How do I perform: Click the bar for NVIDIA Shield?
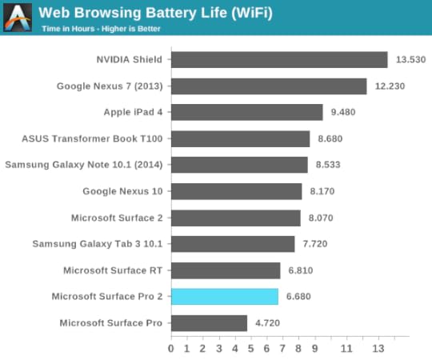point(279,60)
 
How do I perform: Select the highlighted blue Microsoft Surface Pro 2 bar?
point(225,297)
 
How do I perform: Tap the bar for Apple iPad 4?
point(246,112)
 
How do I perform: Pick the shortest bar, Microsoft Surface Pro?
point(209,323)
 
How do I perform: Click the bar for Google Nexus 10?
point(236,191)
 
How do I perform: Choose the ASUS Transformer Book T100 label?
point(92,138)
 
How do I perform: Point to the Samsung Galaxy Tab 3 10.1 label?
point(98,244)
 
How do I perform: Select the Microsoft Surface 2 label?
point(117,218)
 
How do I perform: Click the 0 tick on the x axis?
point(171,349)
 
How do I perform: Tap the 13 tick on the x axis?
point(378,349)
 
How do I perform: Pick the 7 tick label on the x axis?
point(282,349)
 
